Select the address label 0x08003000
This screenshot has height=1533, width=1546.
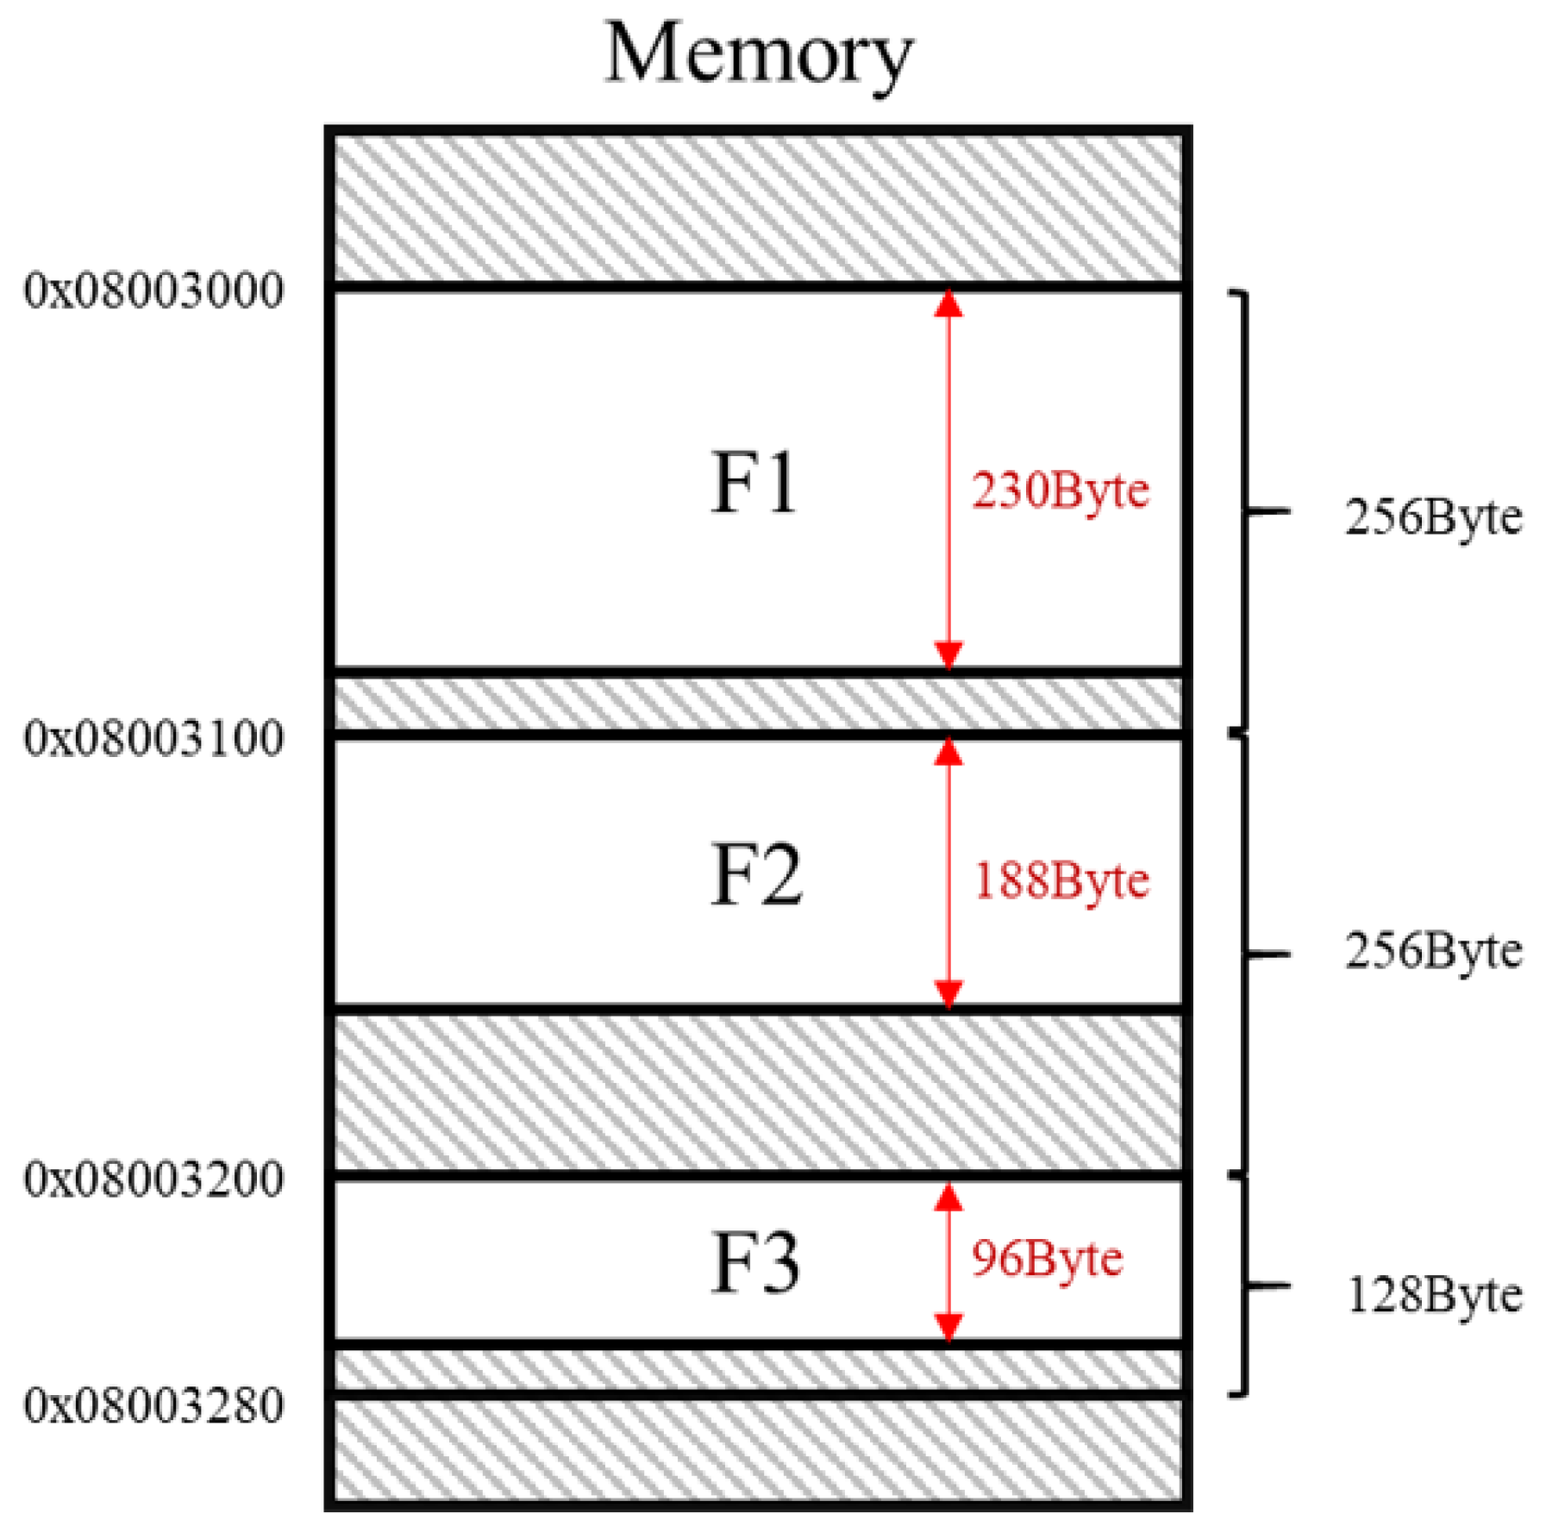(153, 291)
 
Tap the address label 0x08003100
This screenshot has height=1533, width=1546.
(153, 738)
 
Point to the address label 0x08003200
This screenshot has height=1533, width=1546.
(153, 1179)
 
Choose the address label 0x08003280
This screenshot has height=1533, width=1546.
(153, 1405)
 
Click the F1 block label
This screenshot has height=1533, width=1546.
(754, 483)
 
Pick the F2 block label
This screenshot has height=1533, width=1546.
(756, 875)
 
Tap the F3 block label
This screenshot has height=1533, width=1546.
(756, 1264)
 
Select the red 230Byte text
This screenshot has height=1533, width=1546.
(1061, 491)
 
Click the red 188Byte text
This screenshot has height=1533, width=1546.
(1061, 881)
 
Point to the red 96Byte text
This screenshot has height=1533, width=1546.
(1047, 1259)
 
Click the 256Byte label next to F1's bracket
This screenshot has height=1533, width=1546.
(1433, 517)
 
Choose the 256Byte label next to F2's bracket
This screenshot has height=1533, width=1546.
(1433, 951)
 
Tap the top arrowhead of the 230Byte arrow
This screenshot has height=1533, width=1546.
(948, 303)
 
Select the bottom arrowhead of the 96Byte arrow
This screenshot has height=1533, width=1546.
(948, 1327)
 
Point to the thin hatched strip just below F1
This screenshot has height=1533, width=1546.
(757, 703)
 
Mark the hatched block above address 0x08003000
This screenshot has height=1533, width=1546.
(757, 208)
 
